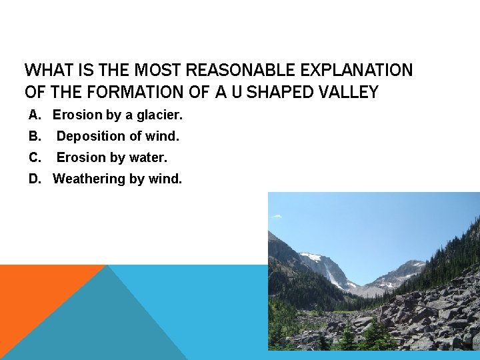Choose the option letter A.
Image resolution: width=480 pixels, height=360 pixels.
tap(34, 115)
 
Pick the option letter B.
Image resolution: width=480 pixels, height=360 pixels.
tap(34, 137)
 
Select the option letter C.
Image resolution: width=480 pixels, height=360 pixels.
tap(34, 158)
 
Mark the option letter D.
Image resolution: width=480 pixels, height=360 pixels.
tap(34, 179)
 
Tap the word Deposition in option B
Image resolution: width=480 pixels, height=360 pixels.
tap(90, 137)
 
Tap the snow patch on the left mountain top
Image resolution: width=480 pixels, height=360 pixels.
tap(311, 257)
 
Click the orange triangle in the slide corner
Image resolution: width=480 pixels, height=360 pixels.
tap(40, 293)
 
